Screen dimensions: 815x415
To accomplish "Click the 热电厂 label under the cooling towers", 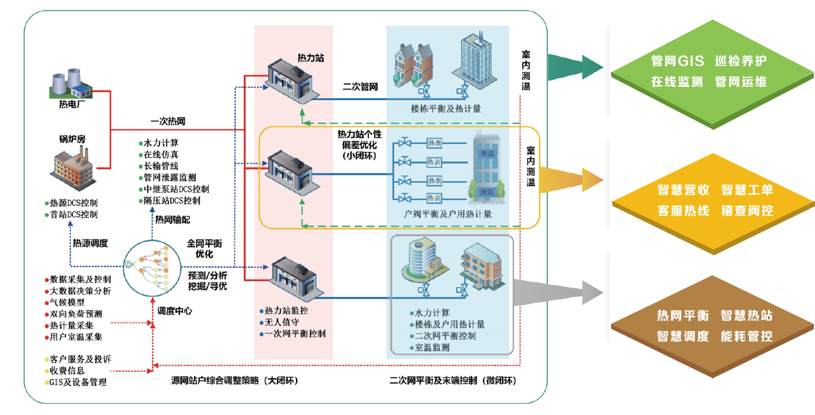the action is click(72, 104).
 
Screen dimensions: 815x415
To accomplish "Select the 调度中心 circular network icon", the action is click(152, 268).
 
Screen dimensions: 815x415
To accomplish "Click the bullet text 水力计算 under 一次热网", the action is click(159, 143).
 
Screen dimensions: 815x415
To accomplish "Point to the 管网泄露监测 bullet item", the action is click(167, 178).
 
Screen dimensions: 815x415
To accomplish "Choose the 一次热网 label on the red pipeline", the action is click(168, 121).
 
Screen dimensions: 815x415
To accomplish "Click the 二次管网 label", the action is click(360, 87).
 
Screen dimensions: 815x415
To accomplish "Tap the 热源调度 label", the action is click(90, 243).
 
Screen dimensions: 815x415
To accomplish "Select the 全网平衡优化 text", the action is click(204, 248).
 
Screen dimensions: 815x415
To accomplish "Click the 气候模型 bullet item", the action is click(65, 302).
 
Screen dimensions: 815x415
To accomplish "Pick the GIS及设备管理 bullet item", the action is click(76, 382).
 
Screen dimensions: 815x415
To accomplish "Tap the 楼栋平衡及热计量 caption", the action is click(446, 108).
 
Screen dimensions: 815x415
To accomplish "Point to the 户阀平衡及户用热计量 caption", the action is click(448, 214).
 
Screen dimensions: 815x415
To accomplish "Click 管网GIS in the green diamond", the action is click(678, 61).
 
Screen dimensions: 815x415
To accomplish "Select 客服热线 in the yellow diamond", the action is click(684, 211).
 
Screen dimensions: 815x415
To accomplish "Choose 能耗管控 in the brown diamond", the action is click(747, 336).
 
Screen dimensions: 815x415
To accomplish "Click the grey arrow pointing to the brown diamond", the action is click(557, 293).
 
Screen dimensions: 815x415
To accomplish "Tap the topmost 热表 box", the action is click(434, 143).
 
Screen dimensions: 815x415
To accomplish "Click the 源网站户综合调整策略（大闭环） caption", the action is click(235, 380).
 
